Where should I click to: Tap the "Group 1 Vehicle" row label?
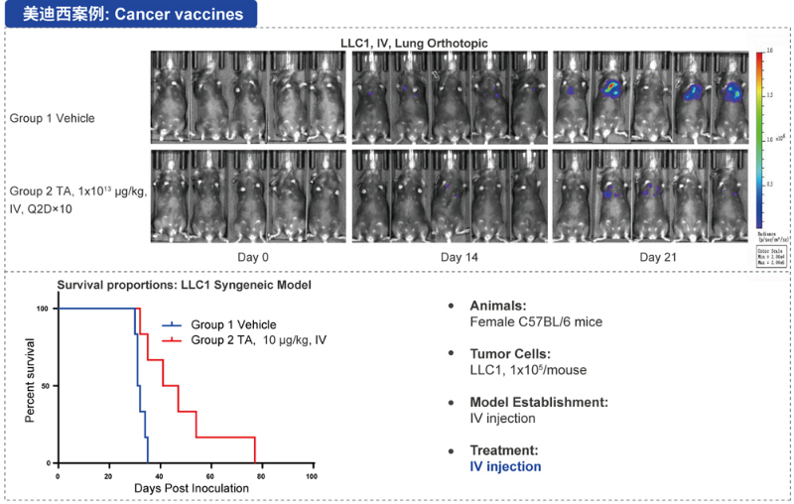[x=53, y=118]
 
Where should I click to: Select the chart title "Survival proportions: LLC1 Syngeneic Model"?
[x=185, y=286]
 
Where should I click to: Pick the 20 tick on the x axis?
[x=109, y=474]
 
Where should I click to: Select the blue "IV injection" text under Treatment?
[x=505, y=465]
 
